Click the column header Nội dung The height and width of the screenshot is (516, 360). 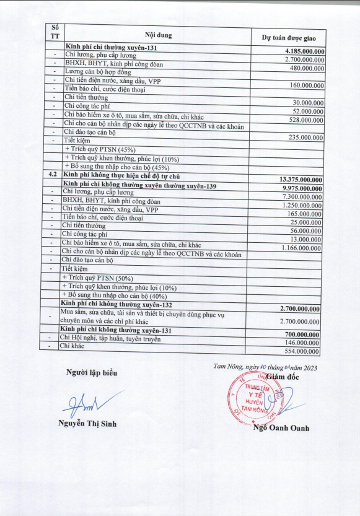coord(157,34)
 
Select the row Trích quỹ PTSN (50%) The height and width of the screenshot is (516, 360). coord(100,278)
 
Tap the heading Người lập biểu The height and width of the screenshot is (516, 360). coord(92,373)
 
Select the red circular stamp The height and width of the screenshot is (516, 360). coord(250,399)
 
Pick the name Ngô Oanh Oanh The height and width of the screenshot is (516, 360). coord(281,428)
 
